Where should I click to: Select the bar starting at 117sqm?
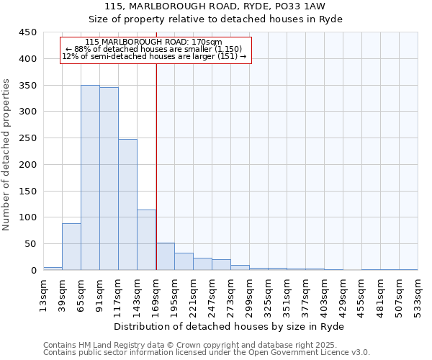pos(127,204)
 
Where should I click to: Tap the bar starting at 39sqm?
pos(71,247)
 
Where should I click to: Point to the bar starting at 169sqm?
pos(165,256)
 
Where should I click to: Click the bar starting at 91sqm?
pos(109,179)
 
